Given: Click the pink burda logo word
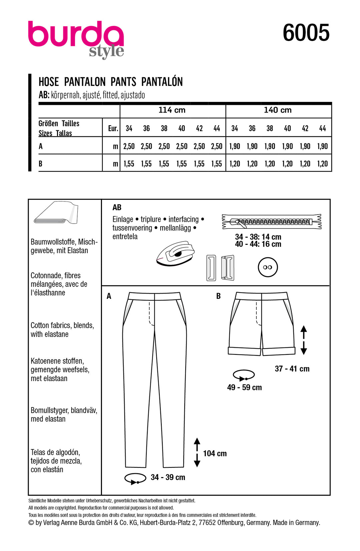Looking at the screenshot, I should pos(76,34).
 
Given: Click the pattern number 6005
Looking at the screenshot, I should pos(306,33).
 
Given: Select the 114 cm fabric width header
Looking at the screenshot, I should pos(172,110).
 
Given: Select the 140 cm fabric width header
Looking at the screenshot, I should pos(278,110).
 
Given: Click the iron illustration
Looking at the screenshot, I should pos(175,254).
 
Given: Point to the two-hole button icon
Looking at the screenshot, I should pos(267,267).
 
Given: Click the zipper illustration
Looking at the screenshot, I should pos(272,222).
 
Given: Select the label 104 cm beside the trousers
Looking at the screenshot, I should pos(215,453).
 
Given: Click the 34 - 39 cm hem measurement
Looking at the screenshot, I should pos(168,477).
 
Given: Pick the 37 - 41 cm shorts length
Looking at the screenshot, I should pos(292,369).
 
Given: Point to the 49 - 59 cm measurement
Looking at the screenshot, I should pos(244,387).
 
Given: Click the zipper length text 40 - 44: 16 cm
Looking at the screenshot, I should pos(258,244).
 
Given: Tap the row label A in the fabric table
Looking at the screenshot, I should pos(41,146).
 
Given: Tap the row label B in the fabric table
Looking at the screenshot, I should pos(41,164).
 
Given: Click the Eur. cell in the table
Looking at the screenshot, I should pos(113,128).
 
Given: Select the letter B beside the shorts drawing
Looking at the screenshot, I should pos(218,296).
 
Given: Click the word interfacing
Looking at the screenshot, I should pos(183,219).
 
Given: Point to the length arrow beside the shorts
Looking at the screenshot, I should pos(303,340).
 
